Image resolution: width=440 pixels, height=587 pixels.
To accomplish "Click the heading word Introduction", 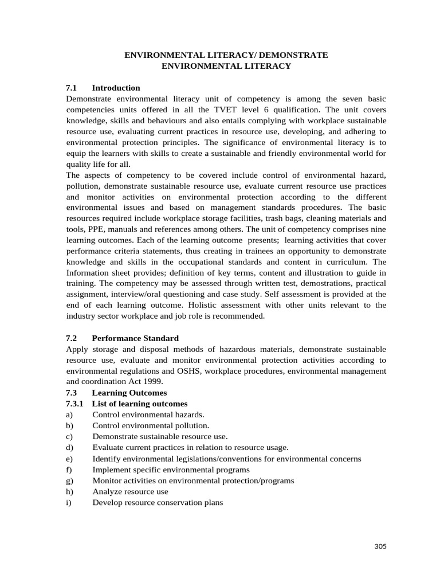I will [x=116, y=88].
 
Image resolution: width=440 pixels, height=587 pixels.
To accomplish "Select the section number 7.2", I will [x=72, y=338].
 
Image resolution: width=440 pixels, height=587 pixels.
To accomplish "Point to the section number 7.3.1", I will [x=75, y=404].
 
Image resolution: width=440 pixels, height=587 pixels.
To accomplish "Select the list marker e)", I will [x=69, y=459].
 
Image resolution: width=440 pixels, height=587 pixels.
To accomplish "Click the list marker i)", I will [x=68, y=502].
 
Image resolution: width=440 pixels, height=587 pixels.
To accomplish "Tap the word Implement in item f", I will [x=111, y=469].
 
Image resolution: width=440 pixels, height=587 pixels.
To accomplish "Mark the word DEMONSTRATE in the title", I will [x=292, y=55].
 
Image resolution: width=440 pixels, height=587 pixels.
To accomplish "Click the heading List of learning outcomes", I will [x=140, y=404].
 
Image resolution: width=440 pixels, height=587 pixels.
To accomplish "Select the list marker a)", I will [x=69, y=414].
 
